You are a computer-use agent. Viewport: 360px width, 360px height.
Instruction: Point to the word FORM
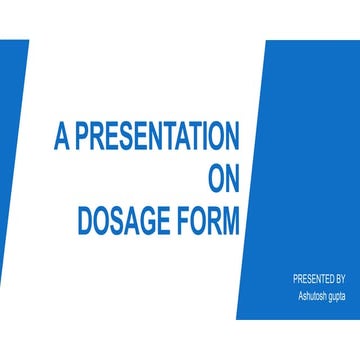click(210, 221)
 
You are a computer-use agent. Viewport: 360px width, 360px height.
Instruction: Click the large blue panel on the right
click(300, 150)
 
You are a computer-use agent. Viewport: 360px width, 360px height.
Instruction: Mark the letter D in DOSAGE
click(85, 221)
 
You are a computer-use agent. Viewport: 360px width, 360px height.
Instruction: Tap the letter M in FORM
click(231, 221)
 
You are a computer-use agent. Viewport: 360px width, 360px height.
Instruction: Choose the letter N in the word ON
click(231, 179)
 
